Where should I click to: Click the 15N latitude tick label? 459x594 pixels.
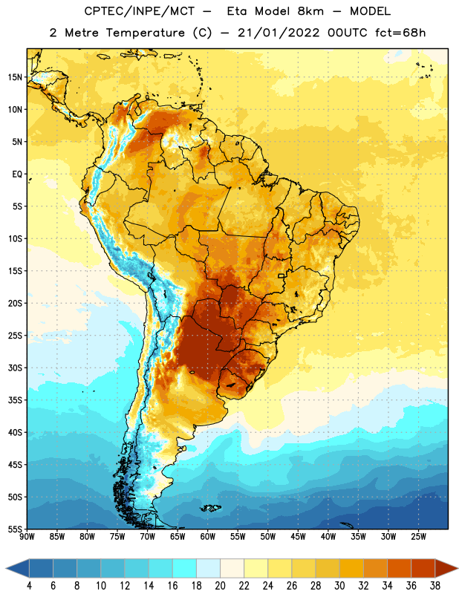pos(15,77)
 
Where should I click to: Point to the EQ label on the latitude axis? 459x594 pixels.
pos(17,174)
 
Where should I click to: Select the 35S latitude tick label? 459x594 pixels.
pos(15,400)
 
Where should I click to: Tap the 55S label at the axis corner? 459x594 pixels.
pos(15,529)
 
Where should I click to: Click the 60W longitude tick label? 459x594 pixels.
pos(208,537)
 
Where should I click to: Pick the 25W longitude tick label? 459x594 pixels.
pos(418,537)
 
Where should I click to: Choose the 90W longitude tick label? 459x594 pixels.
pos(27,537)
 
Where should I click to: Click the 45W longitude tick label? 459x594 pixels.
pos(298,537)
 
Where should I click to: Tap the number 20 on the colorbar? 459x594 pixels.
pos(220,586)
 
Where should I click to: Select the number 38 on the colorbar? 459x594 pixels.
pos(435,586)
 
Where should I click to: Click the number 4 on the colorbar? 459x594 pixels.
pos(29,586)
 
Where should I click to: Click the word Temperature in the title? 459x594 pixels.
pos(145,33)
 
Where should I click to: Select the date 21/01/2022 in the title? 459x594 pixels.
pos(279,33)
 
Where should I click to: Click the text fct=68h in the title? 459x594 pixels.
pos(400,33)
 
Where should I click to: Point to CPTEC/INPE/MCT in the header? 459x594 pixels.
pos(139,11)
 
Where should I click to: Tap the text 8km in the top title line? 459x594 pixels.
pos(310,11)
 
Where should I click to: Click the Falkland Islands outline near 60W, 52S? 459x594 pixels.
pos(210,508)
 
